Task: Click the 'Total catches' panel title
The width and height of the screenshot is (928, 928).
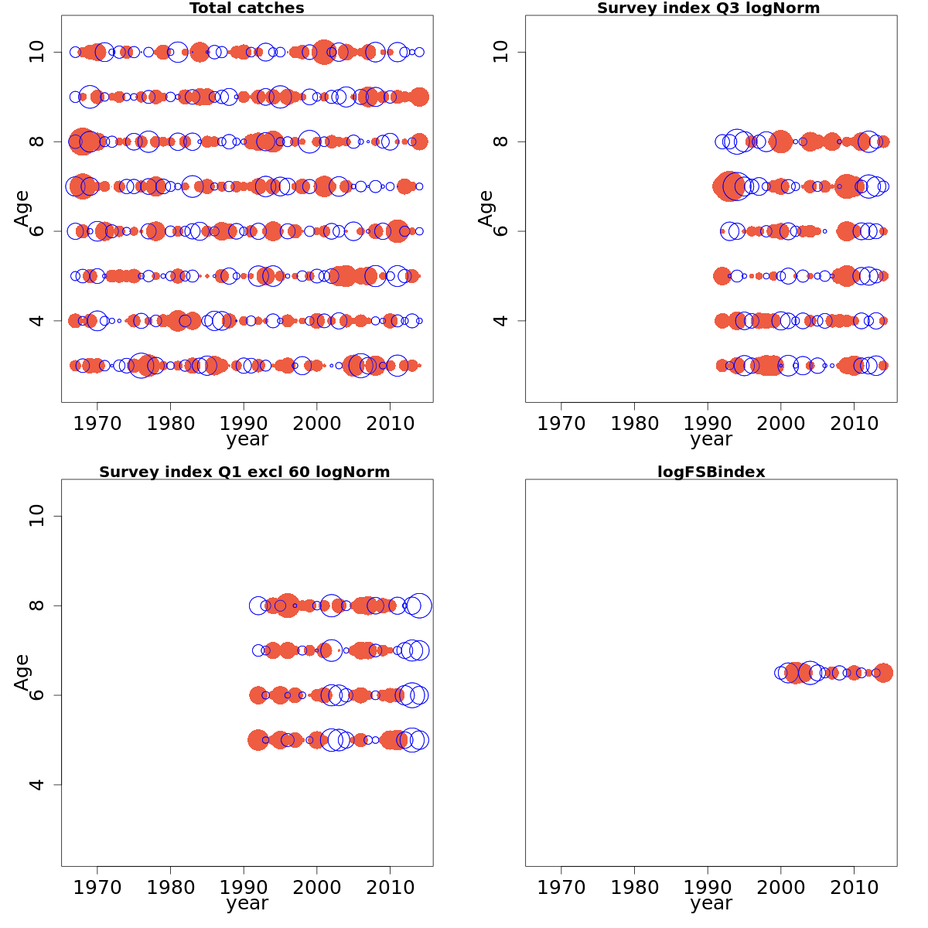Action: click(247, 9)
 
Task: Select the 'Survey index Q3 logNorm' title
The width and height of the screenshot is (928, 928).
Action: click(708, 9)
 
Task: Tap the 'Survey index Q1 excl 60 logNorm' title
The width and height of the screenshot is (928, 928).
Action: click(244, 473)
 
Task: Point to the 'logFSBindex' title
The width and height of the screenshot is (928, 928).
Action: click(711, 473)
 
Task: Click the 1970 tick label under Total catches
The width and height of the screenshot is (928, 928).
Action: click(97, 423)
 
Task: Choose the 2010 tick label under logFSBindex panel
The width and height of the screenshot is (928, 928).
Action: click(854, 887)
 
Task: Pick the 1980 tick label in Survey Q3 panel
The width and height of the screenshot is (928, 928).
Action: click(634, 423)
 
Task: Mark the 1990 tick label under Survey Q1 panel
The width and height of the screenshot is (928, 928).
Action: click(244, 887)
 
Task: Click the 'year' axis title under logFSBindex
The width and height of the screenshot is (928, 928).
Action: click(711, 903)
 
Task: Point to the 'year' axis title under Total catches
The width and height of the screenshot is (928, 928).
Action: click(247, 439)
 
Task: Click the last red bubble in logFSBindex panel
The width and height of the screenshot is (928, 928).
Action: click(883, 673)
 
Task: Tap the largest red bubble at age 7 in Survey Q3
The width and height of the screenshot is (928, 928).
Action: click(728, 186)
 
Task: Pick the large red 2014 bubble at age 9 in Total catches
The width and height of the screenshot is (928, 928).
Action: click(419, 97)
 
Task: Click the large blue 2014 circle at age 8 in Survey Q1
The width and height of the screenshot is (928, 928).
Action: click(419, 606)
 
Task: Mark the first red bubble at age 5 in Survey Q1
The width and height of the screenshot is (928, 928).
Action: click(258, 740)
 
